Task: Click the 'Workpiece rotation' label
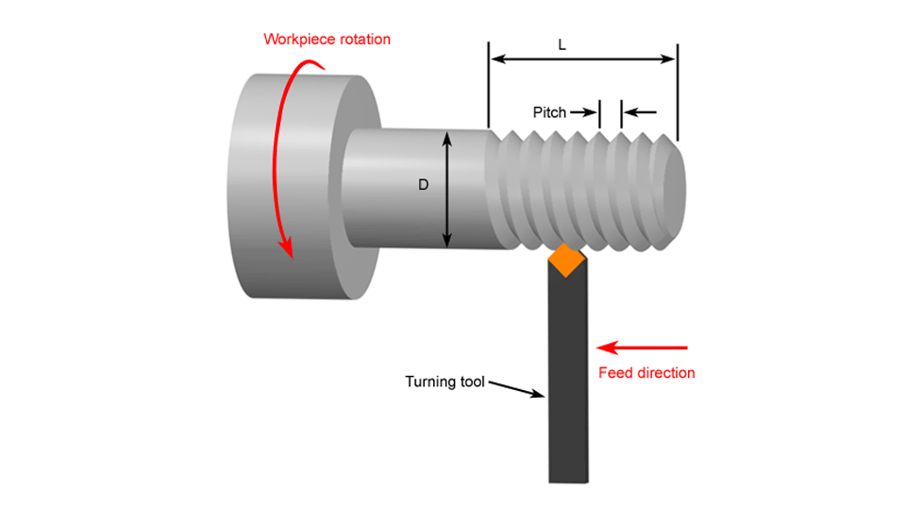click(x=327, y=40)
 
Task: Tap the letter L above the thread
click(x=562, y=44)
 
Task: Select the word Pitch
click(x=549, y=112)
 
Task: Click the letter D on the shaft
click(x=424, y=186)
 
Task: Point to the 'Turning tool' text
click(x=445, y=382)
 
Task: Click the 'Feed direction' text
click(x=646, y=373)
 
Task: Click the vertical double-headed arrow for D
click(x=448, y=189)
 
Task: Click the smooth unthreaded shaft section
click(x=396, y=189)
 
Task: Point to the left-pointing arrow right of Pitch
click(x=641, y=112)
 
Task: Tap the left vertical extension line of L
click(x=489, y=85)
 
